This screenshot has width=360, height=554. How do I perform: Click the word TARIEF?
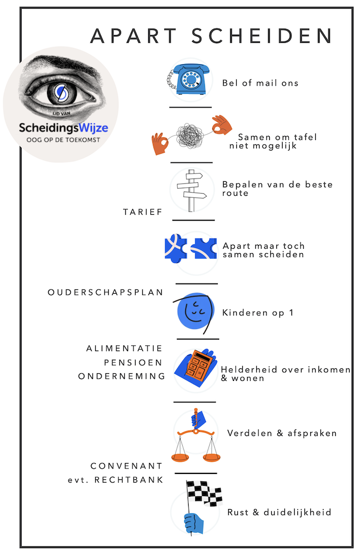tap(143, 212)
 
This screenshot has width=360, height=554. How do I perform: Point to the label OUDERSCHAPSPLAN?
tap(105, 292)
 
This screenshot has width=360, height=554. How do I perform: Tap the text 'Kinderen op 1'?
tap(257, 313)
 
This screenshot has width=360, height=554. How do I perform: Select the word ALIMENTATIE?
tap(124, 348)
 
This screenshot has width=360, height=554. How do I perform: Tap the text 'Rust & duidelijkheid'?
tap(279, 512)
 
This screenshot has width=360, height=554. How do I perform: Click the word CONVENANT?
tap(126, 465)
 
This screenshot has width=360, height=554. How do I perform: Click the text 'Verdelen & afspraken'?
tap(282, 433)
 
